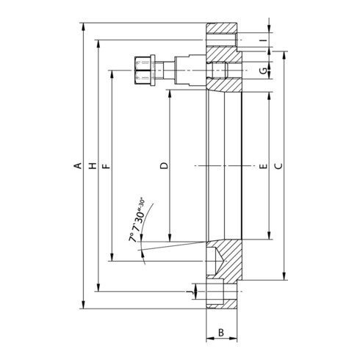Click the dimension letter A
coord(78,166)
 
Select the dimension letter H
coord(93,166)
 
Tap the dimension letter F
coord(107,167)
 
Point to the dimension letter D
coord(165,166)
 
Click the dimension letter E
coord(263,167)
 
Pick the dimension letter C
coord(278,166)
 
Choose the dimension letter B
coord(221,333)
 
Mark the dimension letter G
coord(263,71)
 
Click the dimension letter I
coord(263,40)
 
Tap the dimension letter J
coord(189,292)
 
